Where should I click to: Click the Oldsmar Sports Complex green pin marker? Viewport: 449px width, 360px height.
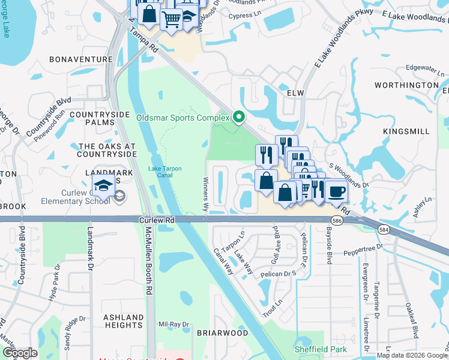pyautogui.click(x=239, y=116)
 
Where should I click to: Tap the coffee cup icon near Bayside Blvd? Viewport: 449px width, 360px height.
pyautogui.click(x=336, y=191)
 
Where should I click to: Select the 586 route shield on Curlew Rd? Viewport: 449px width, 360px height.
pyautogui.click(x=337, y=221)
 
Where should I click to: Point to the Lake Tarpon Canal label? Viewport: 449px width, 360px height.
pyautogui.click(x=165, y=172)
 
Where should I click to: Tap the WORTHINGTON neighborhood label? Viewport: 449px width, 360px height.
pyautogui.click(x=406, y=85)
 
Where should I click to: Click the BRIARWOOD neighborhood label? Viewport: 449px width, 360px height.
pyautogui.click(x=222, y=332)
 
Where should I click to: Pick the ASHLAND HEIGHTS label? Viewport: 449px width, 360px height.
pyautogui.click(x=123, y=321)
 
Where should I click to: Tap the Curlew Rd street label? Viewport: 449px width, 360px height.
pyautogui.click(x=157, y=221)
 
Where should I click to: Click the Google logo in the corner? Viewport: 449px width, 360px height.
pyautogui.click(x=20, y=353)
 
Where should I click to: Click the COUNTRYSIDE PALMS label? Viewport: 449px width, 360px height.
pyautogui.click(x=99, y=118)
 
